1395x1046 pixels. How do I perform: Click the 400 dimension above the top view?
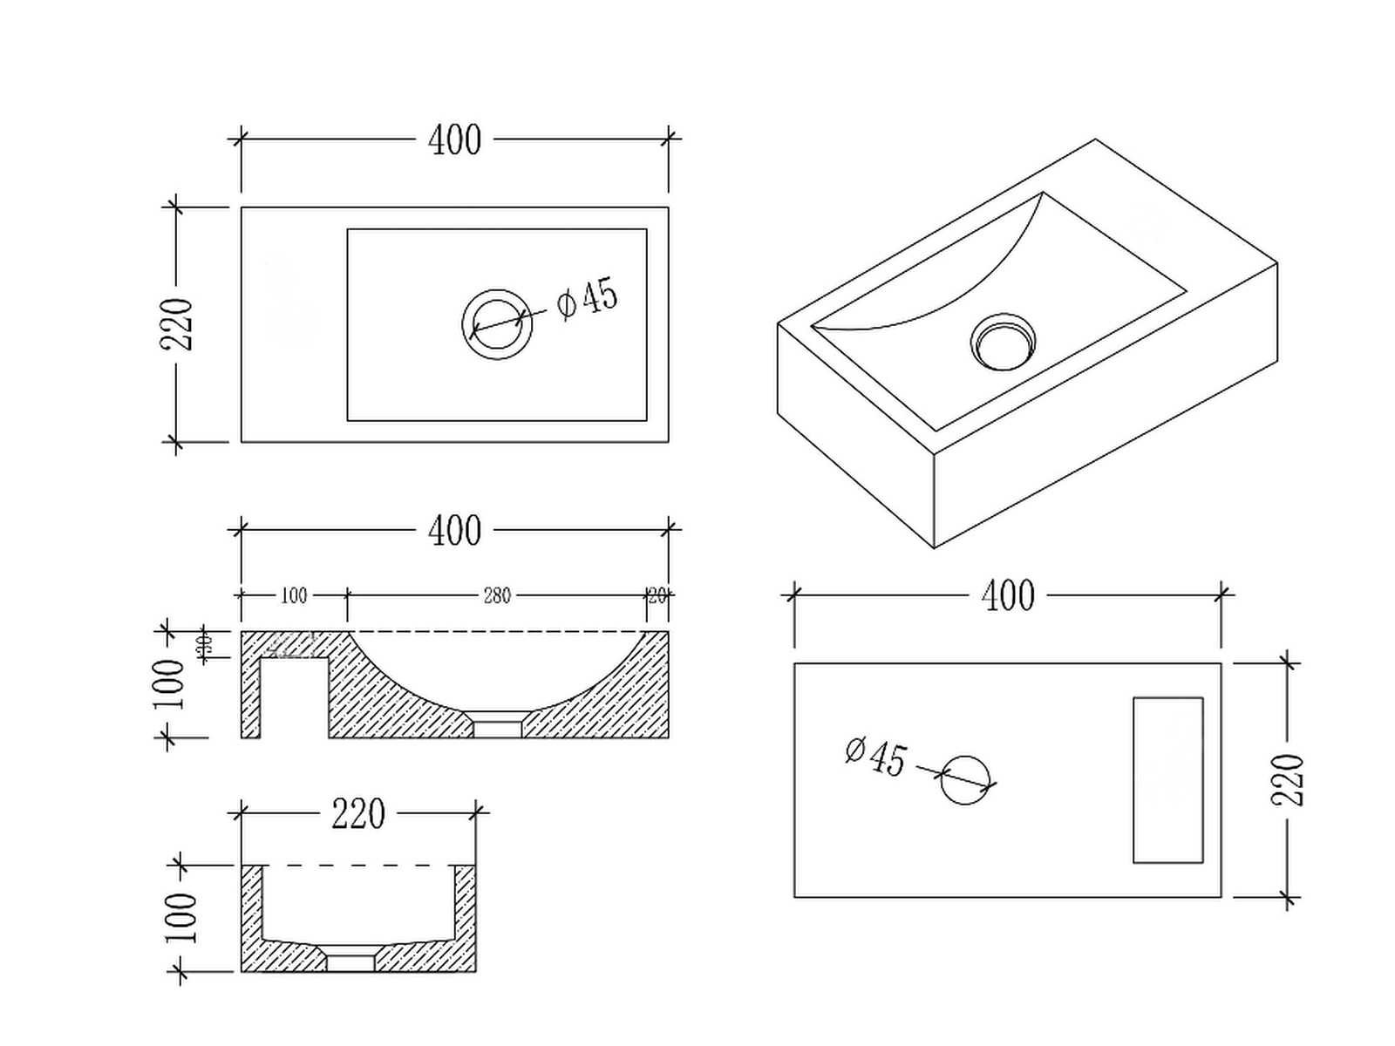tap(454, 140)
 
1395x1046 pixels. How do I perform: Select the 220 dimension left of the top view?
tap(177, 323)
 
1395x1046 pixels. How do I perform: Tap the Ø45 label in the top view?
tap(587, 297)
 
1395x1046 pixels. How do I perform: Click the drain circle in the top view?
tap(497, 323)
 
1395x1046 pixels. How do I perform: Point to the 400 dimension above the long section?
tap(454, 531)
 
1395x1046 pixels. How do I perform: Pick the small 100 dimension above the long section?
tap(294, 596)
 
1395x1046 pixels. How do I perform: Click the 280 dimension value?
tap(496, 596)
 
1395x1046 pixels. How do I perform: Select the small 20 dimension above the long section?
tap(657, 596)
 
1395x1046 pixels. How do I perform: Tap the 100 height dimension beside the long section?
tap(170, 684)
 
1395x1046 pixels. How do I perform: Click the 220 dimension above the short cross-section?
tap(358, 815)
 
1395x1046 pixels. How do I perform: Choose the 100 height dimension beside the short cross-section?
tap(181, 917)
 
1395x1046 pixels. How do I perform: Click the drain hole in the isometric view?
tap(1004, 342)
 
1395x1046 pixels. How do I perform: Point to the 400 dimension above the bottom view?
tap(1008, 597)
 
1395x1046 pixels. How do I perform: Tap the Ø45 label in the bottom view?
tap(876, 757)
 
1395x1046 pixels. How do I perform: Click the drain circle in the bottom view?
tap(966, 780)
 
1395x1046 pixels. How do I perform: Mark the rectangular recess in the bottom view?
tap(1168, 780)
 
